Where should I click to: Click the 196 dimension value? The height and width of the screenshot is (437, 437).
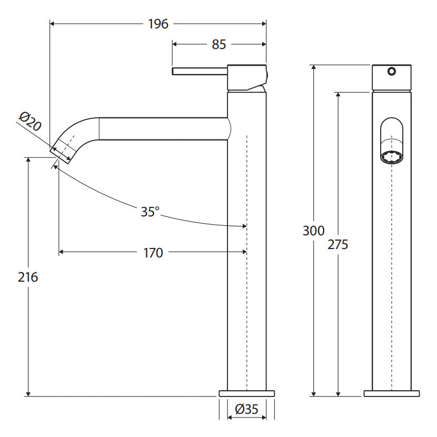[158, 24]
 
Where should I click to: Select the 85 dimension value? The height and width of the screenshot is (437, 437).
[219, 44]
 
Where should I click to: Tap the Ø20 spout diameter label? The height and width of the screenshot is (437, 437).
[30, 122]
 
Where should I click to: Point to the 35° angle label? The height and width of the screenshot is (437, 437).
[150, 212]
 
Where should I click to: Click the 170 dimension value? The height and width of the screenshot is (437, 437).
[153, 253]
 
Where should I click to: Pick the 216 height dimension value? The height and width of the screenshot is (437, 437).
[28, 277]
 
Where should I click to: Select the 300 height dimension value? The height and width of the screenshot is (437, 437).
[314, 231]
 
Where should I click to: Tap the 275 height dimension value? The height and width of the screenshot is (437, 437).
[338, 244]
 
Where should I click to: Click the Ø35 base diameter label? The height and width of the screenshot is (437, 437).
[246, 409]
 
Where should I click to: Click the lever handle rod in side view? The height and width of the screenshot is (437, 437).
[200, 71]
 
